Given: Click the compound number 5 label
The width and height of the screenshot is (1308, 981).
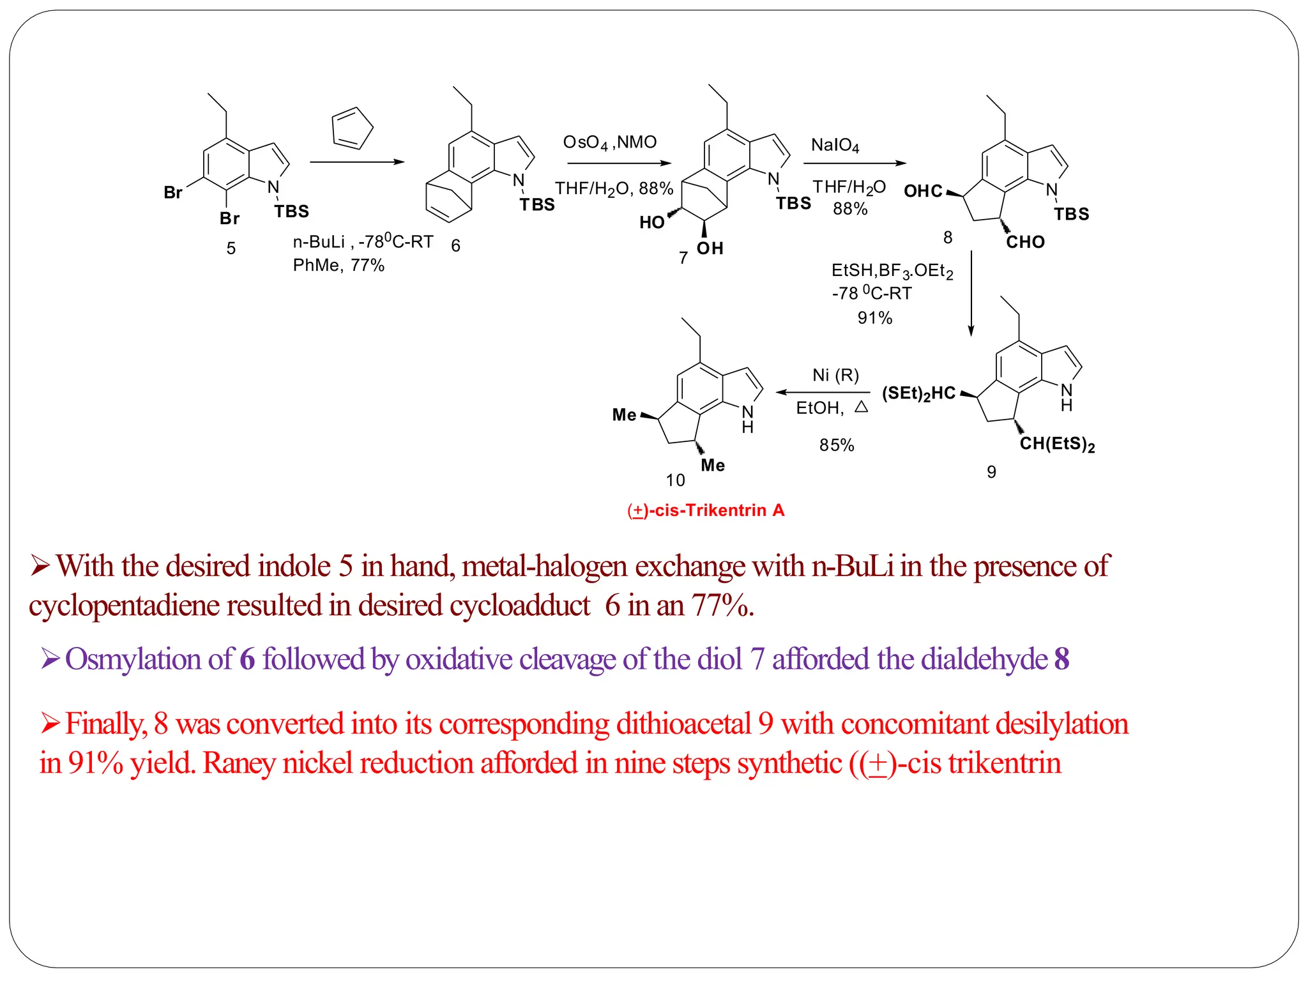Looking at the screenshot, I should [231, 248].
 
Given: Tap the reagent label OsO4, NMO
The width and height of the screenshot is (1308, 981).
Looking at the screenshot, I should [609, 142].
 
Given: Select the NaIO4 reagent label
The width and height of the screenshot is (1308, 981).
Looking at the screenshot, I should [835, 146].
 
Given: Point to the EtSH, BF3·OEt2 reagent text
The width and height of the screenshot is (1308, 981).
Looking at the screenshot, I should [892, 271].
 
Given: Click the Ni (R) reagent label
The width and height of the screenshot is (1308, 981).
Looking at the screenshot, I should [835, 375].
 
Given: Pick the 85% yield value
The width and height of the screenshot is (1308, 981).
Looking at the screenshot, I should [837, 445].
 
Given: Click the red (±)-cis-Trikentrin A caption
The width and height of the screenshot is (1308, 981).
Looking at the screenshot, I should [706, 510].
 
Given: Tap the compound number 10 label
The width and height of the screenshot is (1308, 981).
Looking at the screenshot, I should [675, 480].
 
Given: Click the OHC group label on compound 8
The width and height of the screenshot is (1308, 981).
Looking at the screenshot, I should [923, 191].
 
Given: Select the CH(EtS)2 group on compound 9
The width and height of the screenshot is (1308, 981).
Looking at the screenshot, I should [1057, 444].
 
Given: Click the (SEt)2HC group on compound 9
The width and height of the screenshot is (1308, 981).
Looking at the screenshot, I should [918, 393].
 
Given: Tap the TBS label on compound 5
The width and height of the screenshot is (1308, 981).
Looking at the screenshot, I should [292, 211].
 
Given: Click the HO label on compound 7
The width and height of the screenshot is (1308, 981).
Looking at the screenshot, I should [651, 222].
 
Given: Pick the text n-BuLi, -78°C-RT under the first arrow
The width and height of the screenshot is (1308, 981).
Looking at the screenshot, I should [363, 242].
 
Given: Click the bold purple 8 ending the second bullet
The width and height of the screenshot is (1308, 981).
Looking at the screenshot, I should [1061, 658].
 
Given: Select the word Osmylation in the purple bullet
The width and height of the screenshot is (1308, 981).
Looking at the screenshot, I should [149, 658].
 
